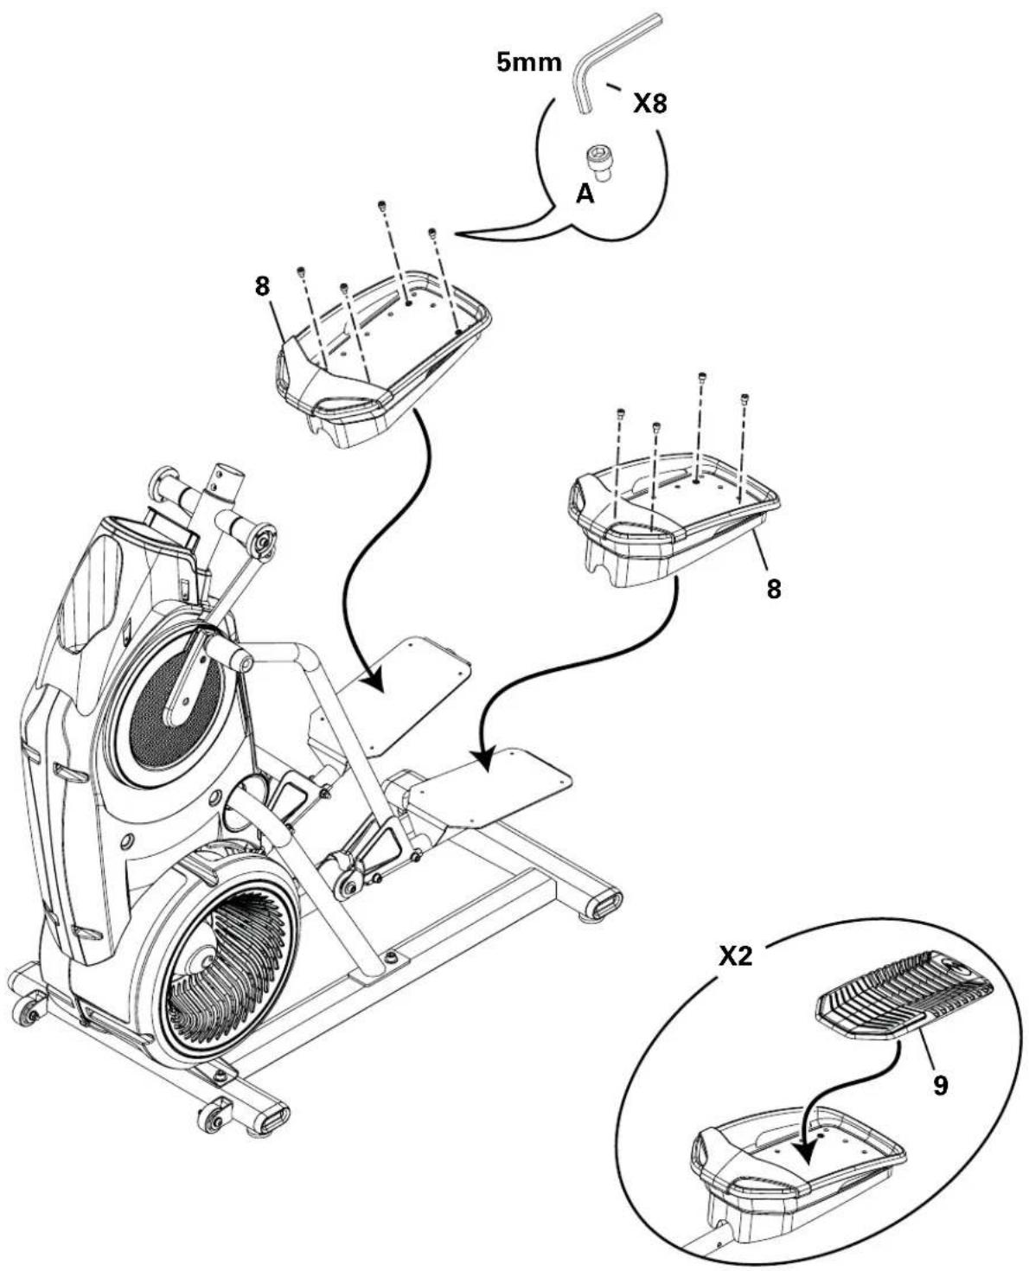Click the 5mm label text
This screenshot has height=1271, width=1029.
click(x=528, y=64)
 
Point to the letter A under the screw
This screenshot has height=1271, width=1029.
click(x=585, y=196)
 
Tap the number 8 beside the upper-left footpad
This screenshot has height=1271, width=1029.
click(x=263, y=288)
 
